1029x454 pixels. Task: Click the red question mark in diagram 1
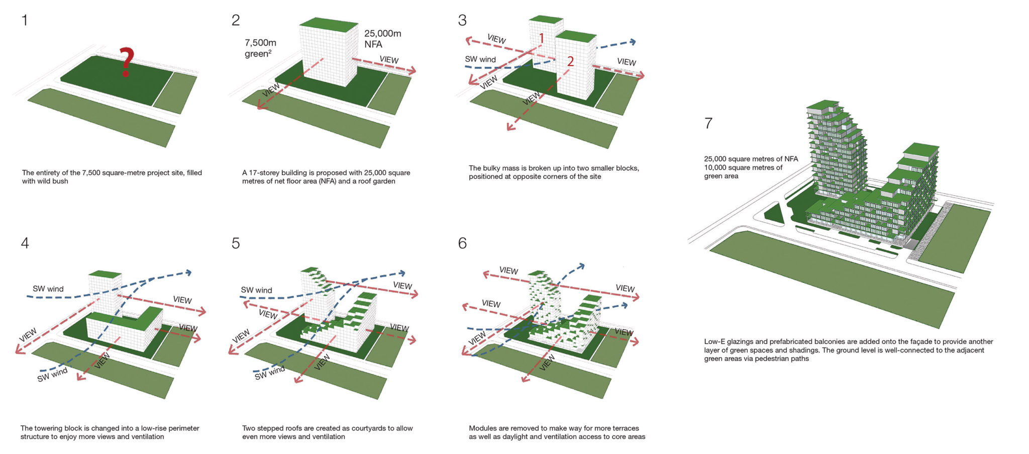click(126, 61)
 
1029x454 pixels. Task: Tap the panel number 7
click(708, 123)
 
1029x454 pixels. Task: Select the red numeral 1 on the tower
click(542, 38)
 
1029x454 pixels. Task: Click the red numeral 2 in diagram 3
click(570, 61)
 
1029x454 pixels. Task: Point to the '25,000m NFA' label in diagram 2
click(382, 39)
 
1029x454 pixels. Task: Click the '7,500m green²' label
click(260, 48)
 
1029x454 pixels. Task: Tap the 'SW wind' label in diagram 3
click(480, 59)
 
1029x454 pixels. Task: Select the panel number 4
click(25, 243)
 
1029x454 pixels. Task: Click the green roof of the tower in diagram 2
click(329, 25)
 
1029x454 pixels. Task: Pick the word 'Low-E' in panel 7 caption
click(714, 342)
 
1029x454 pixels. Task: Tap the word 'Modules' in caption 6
click(482, 428)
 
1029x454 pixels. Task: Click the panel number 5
click(236, 243)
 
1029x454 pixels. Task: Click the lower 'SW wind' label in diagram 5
click(269, 373)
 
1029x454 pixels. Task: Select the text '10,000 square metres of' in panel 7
click(743, 168)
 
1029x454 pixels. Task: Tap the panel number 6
click(462, 243)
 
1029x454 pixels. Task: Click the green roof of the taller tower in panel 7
click(823, 105)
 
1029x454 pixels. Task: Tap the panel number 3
click(462, 21)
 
